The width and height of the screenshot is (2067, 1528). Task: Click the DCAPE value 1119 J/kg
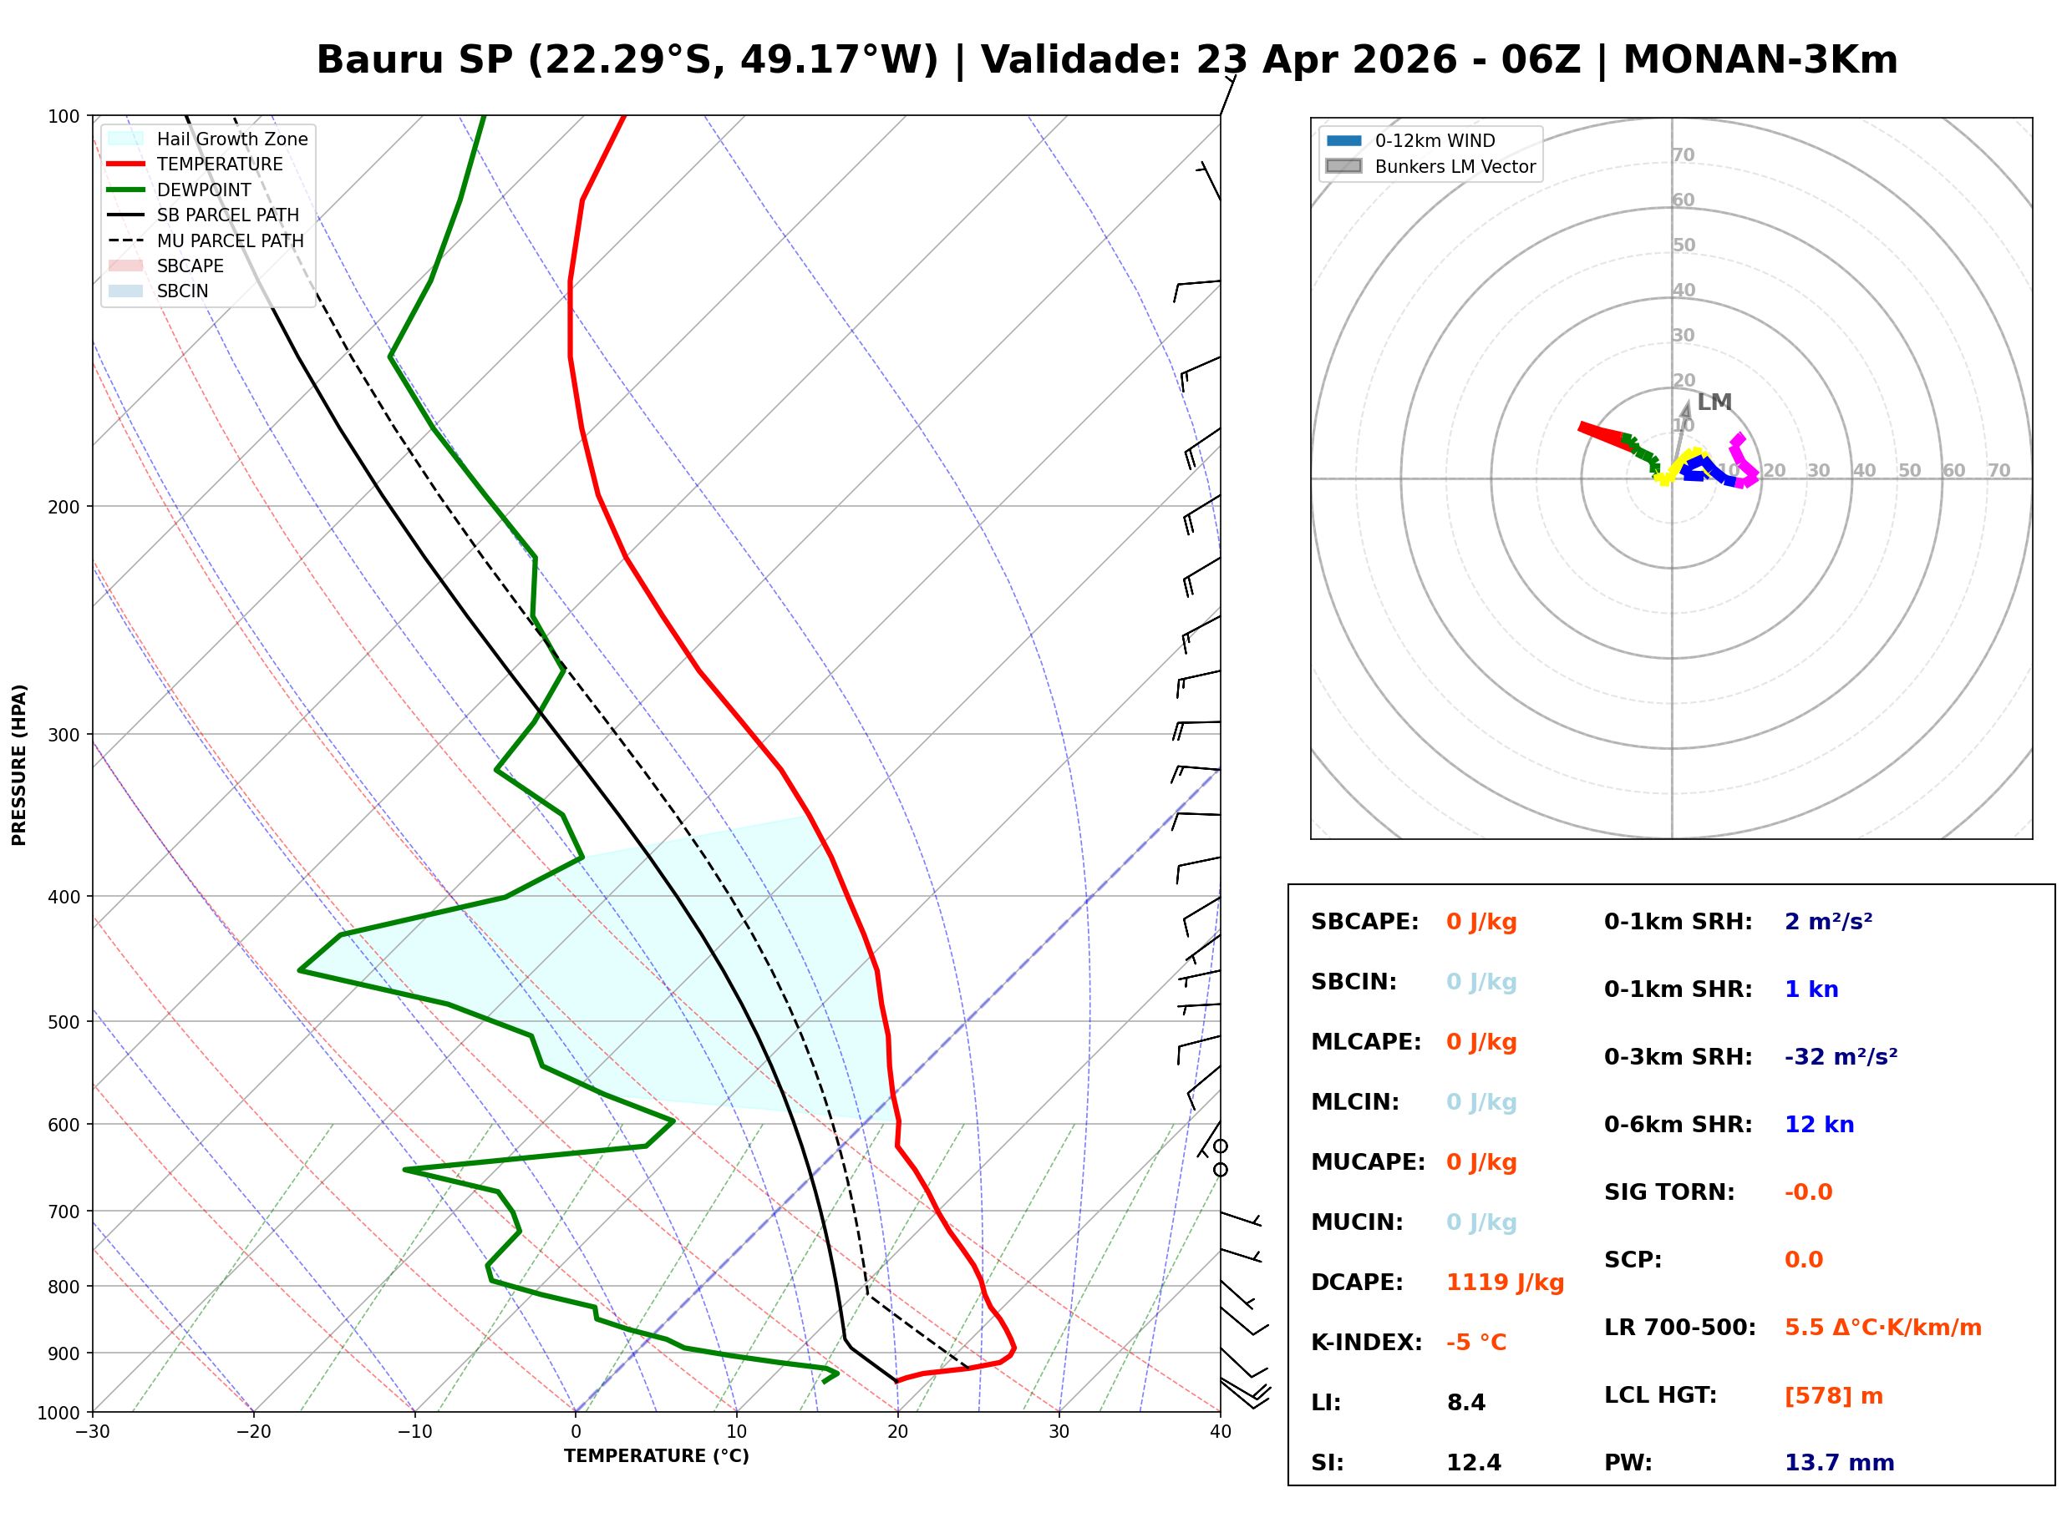1505,1283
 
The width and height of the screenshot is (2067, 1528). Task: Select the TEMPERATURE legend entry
219,164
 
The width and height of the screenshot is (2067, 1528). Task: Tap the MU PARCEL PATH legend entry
230,240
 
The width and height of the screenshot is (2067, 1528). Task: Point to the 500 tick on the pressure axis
63,1022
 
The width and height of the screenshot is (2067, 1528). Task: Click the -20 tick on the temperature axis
253,1432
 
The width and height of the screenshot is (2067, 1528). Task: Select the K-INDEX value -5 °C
1475,1343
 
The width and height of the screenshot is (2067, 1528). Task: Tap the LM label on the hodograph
1714,402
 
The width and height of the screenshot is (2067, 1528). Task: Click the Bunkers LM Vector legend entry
1454,166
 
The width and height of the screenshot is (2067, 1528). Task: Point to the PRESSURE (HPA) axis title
18,765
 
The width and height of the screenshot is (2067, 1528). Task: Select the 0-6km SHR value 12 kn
1819,1125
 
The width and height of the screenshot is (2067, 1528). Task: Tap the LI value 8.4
1465,1403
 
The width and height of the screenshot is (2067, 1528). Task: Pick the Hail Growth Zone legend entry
231,139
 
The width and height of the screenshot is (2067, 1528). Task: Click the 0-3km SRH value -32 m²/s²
1841,1057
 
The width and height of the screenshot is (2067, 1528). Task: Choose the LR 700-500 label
1679,1328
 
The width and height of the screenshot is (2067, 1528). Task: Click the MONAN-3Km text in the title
1760,60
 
